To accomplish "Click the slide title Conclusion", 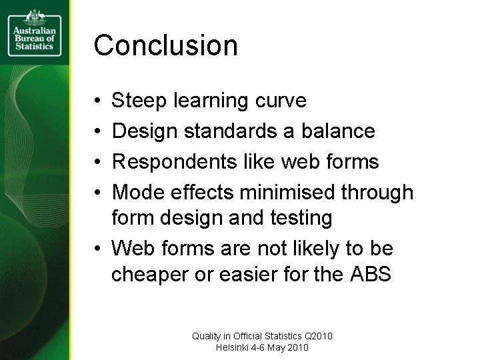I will coord(165,45).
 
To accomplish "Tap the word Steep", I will coord(139,101).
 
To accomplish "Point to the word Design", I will coord(143,131).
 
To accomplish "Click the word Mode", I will coord(137,193).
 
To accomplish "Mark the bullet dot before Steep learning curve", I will coord(97,101).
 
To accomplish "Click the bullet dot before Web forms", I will coord(97,249).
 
